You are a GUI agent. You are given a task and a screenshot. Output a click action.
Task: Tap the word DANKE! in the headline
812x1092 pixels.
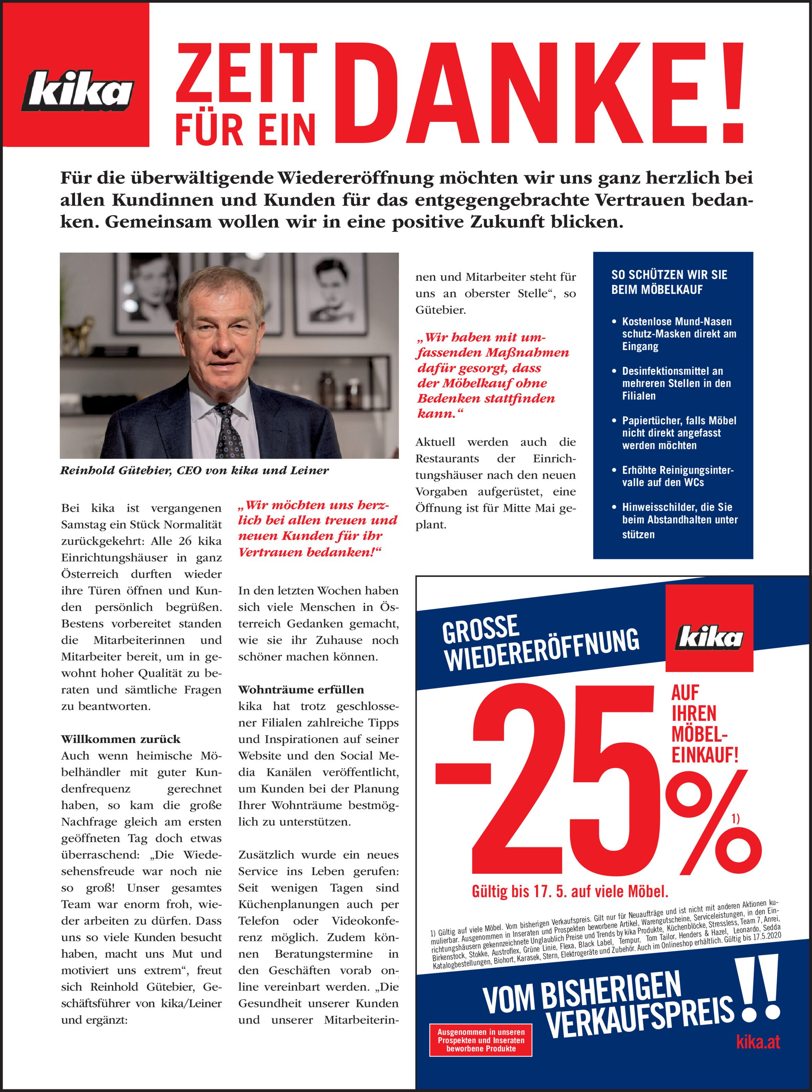coord(541,90)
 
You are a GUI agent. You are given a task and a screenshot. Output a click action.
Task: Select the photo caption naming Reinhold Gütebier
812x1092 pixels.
coord(194,471)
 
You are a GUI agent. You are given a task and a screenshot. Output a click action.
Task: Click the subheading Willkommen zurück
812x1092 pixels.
coord(120,739)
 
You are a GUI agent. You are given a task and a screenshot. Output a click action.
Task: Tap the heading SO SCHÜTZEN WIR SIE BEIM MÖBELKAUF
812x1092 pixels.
coord(669,282)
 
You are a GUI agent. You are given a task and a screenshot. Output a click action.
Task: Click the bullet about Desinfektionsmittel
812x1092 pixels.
coord(676,383)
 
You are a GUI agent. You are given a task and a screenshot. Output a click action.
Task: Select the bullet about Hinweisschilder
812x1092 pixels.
coord(679,520)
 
